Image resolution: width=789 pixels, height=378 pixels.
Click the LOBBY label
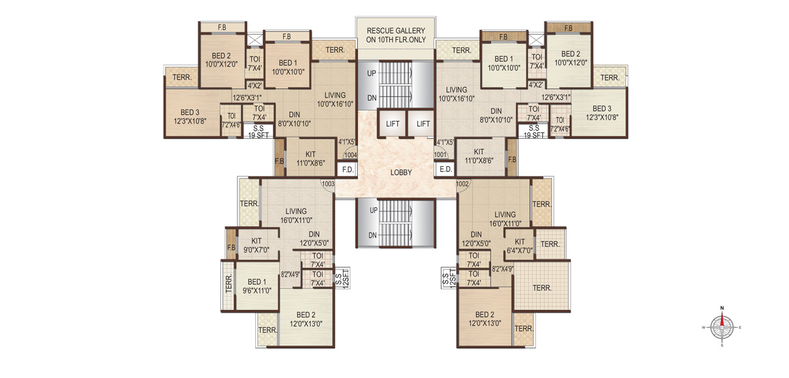[x=401, y=173]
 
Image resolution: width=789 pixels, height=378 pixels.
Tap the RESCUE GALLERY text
[x=396, y=31]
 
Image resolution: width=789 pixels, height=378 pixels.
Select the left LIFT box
[x=393, y=124]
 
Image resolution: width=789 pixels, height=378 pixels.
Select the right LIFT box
[x=423, y=124]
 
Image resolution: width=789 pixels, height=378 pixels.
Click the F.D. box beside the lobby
[x=347, y=169]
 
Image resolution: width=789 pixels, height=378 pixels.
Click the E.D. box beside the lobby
[x=446, y=169]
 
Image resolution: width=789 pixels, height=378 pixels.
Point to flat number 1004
[x=351, y=155]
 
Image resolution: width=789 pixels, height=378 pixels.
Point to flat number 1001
[x=440, y=154]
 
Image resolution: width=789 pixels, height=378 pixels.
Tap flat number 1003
[x=328, y=184]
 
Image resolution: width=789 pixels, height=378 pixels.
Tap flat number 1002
[x=463, y=184]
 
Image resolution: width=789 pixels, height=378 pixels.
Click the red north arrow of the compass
[x=722, y=320]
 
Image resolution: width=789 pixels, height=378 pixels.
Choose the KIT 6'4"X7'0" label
[x=519, y=246]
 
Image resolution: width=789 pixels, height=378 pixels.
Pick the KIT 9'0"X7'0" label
[x=256, y=245]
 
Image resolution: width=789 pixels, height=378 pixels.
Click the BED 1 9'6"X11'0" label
[x=256, y=286]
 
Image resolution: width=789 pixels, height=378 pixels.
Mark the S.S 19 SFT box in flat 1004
[x=258, y=132]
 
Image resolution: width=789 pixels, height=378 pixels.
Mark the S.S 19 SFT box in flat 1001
[x=534, y=131]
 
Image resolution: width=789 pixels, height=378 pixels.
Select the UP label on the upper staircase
[x=372, y=73]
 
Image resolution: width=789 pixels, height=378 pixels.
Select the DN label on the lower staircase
[x=372, y=235]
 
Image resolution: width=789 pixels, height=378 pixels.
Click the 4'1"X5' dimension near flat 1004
[x=347, y=142]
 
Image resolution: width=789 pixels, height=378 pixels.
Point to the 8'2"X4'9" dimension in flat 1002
[x=502, y=269]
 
